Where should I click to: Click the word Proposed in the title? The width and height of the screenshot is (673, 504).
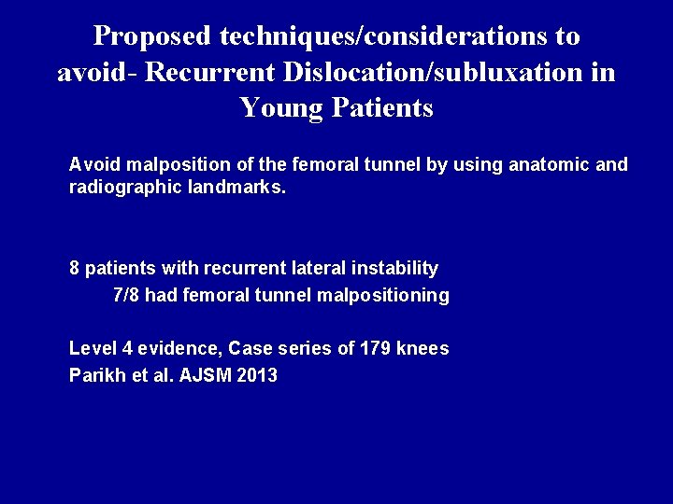coord(153,37)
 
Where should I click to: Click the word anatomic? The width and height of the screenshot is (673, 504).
coord(550,165)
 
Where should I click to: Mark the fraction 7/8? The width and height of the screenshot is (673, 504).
coord(127,296)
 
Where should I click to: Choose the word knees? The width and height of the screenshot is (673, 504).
coord(422,348)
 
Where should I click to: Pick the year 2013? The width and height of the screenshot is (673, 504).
coord(256,376)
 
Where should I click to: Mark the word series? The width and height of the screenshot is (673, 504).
coord(304,348)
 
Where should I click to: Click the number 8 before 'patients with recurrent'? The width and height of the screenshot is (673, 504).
coord(75,269)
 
